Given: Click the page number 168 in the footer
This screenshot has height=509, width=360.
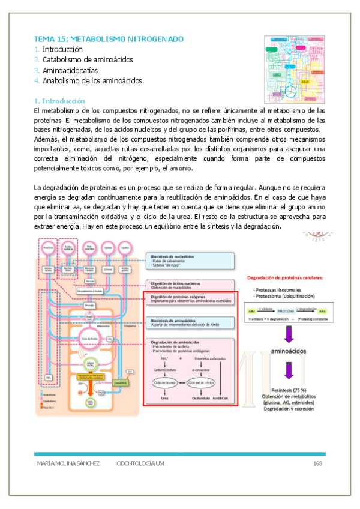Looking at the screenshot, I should point(318,464).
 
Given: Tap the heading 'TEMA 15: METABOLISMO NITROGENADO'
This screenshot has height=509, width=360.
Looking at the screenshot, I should point(109,39).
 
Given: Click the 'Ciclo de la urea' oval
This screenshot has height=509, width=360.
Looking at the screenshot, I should point(164,399).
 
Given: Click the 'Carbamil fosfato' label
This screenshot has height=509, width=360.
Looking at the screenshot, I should point(164,384).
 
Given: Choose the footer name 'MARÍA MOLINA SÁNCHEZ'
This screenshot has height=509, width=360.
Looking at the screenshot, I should point(68,464).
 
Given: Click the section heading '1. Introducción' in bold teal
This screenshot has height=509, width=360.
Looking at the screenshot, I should point(60,101).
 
